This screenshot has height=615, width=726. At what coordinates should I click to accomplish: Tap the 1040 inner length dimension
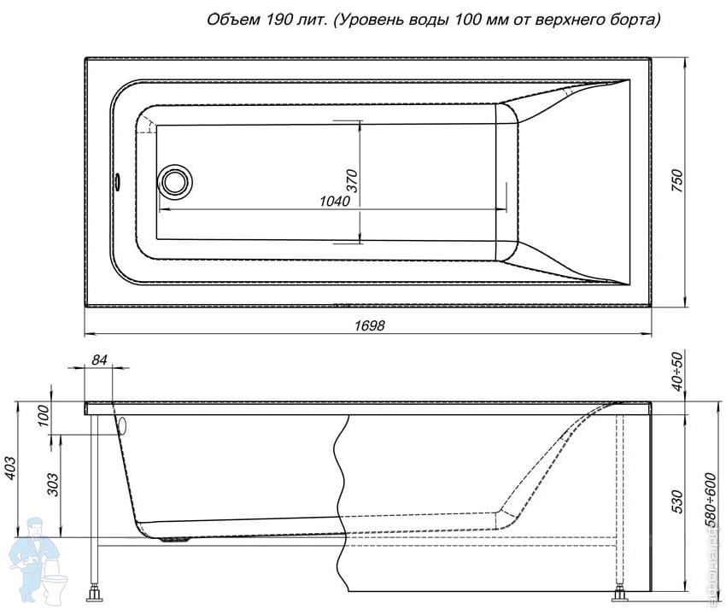pyautogui.click(x=335, y=202)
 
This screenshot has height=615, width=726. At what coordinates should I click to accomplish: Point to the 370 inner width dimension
pyautogui.click(x=351, y=181)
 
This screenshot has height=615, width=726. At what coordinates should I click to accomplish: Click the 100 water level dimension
pyautogui.click(x=44, y=418)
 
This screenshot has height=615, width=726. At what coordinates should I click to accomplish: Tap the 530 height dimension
pyautogui.click(x=677, y=499)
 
